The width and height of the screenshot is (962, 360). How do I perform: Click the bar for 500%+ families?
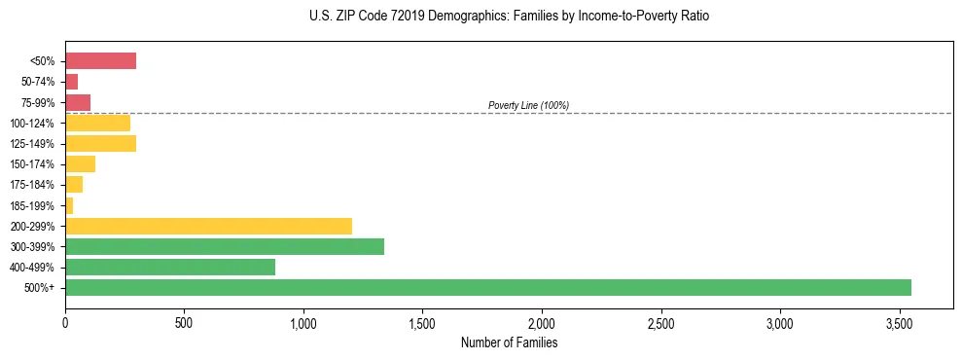(488, 287)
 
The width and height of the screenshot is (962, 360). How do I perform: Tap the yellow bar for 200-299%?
(208, 226)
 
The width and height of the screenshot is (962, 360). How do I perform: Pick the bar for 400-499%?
(170, 267)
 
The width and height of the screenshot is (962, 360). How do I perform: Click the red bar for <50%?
(100, 61)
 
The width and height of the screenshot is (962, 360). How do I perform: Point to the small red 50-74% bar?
(71, 82)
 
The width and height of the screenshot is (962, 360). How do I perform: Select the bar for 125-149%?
(100, 144)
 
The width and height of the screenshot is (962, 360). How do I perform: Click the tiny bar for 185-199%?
(69, 205)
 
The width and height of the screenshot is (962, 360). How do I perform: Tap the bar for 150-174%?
(80, 164)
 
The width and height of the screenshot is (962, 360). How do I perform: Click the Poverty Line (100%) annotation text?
(528, 105)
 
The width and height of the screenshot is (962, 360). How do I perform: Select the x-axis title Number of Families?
(509, 342)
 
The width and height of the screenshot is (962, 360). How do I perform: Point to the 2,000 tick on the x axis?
(542, 322)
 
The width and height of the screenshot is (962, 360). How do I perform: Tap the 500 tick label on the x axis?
(184, 322)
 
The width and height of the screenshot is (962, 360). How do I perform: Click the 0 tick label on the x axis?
(65, 322)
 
